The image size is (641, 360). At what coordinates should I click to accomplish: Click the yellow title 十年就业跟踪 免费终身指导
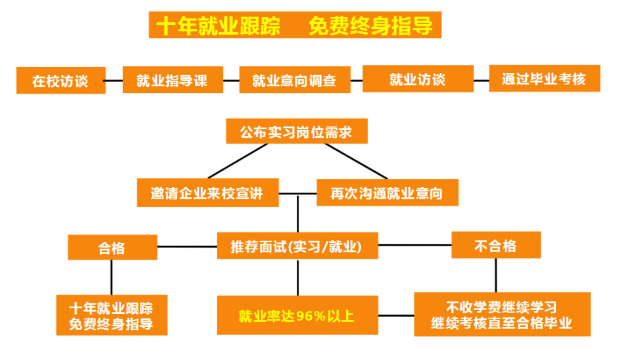coord(295,25)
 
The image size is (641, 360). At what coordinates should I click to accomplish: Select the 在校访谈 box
coord(60,81)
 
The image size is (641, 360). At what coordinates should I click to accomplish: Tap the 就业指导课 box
coord(172,80)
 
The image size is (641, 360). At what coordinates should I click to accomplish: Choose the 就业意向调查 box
coord(294,80)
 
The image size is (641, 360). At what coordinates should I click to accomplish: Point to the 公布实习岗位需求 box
coord(296,131)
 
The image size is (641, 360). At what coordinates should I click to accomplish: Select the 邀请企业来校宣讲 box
coord(207,193)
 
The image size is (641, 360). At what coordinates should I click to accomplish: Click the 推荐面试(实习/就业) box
coord(297,246)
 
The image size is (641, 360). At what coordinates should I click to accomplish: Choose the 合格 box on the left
coord(111,247)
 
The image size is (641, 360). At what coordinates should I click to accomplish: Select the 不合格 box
coord(496,245)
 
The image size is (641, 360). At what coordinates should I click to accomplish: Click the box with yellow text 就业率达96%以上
coord(297,316)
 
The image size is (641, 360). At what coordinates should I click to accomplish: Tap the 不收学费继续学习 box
coord(502,314)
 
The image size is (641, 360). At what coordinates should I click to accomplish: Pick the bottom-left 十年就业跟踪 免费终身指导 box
coord(111,315)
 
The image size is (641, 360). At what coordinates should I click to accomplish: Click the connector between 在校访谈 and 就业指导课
coord(114,80)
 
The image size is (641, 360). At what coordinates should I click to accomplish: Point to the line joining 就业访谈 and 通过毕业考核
coord(481,79)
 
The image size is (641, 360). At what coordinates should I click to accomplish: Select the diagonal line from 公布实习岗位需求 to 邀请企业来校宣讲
coord(237,161)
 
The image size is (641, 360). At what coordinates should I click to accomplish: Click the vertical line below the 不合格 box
coord(496,275)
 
